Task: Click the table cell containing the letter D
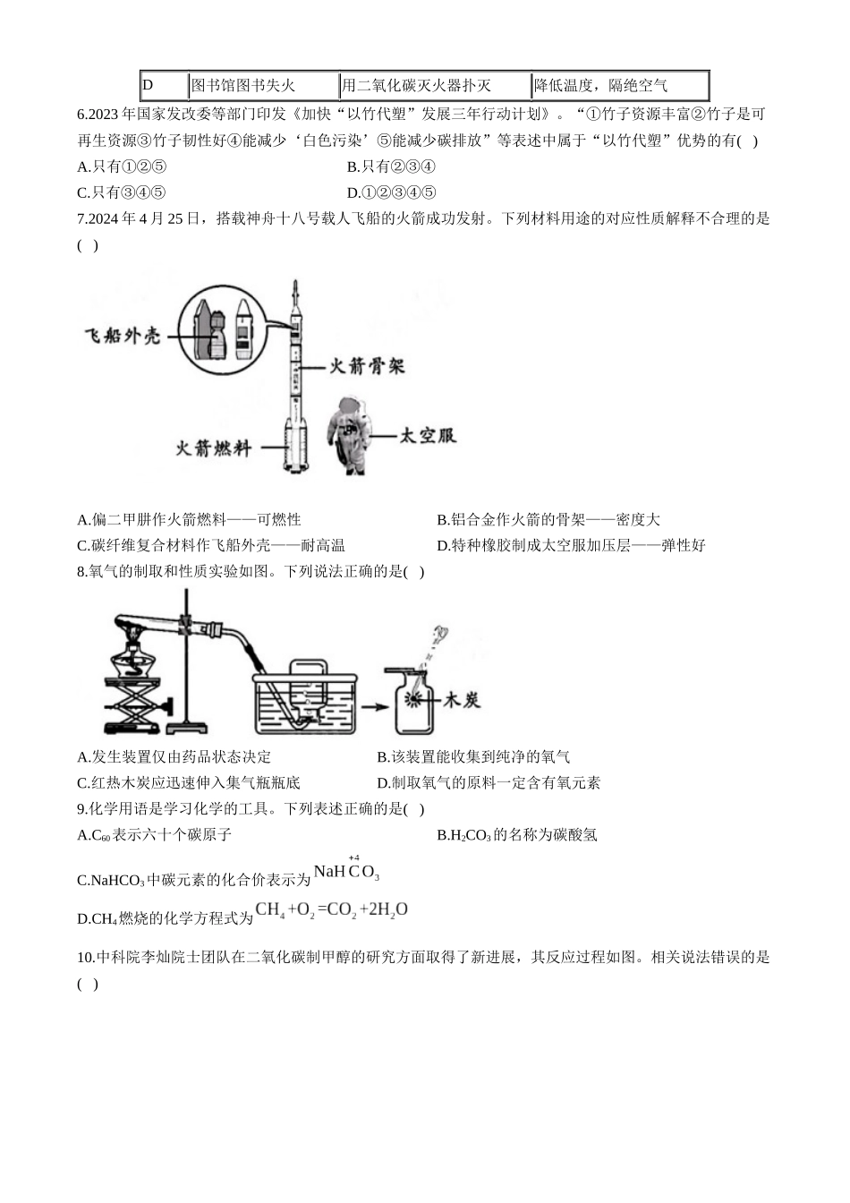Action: click(x=165, y=85)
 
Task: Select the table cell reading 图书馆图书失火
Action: click(x=264, y=85)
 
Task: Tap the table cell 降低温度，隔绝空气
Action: click(x=620, y=85)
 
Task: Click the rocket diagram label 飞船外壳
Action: click(x=123, y=337)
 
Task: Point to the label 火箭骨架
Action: click(x=367, y=366)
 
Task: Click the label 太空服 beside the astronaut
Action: click(x=428, y=435)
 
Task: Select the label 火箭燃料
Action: click(x=214, y=448)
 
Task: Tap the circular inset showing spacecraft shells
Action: click(x=222, y=330)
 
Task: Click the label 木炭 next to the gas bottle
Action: click(x=462, y=700)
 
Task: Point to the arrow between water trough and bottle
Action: click(x=375, y=707)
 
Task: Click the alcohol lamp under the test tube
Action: click(x=133, y=657)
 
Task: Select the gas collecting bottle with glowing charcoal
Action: click(x=413, y=701)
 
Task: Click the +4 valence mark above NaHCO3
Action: click(x=353, y=857)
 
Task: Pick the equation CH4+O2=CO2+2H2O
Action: click(x=331, y=909)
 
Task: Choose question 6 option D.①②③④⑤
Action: click(x=391, y=192)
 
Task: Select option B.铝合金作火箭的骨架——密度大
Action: click(x=548, y=519)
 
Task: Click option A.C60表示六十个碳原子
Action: click(x=154, y=834)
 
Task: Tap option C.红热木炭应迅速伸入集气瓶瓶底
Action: click(x=189, y=782)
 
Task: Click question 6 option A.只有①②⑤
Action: click(x=122, y=166)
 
